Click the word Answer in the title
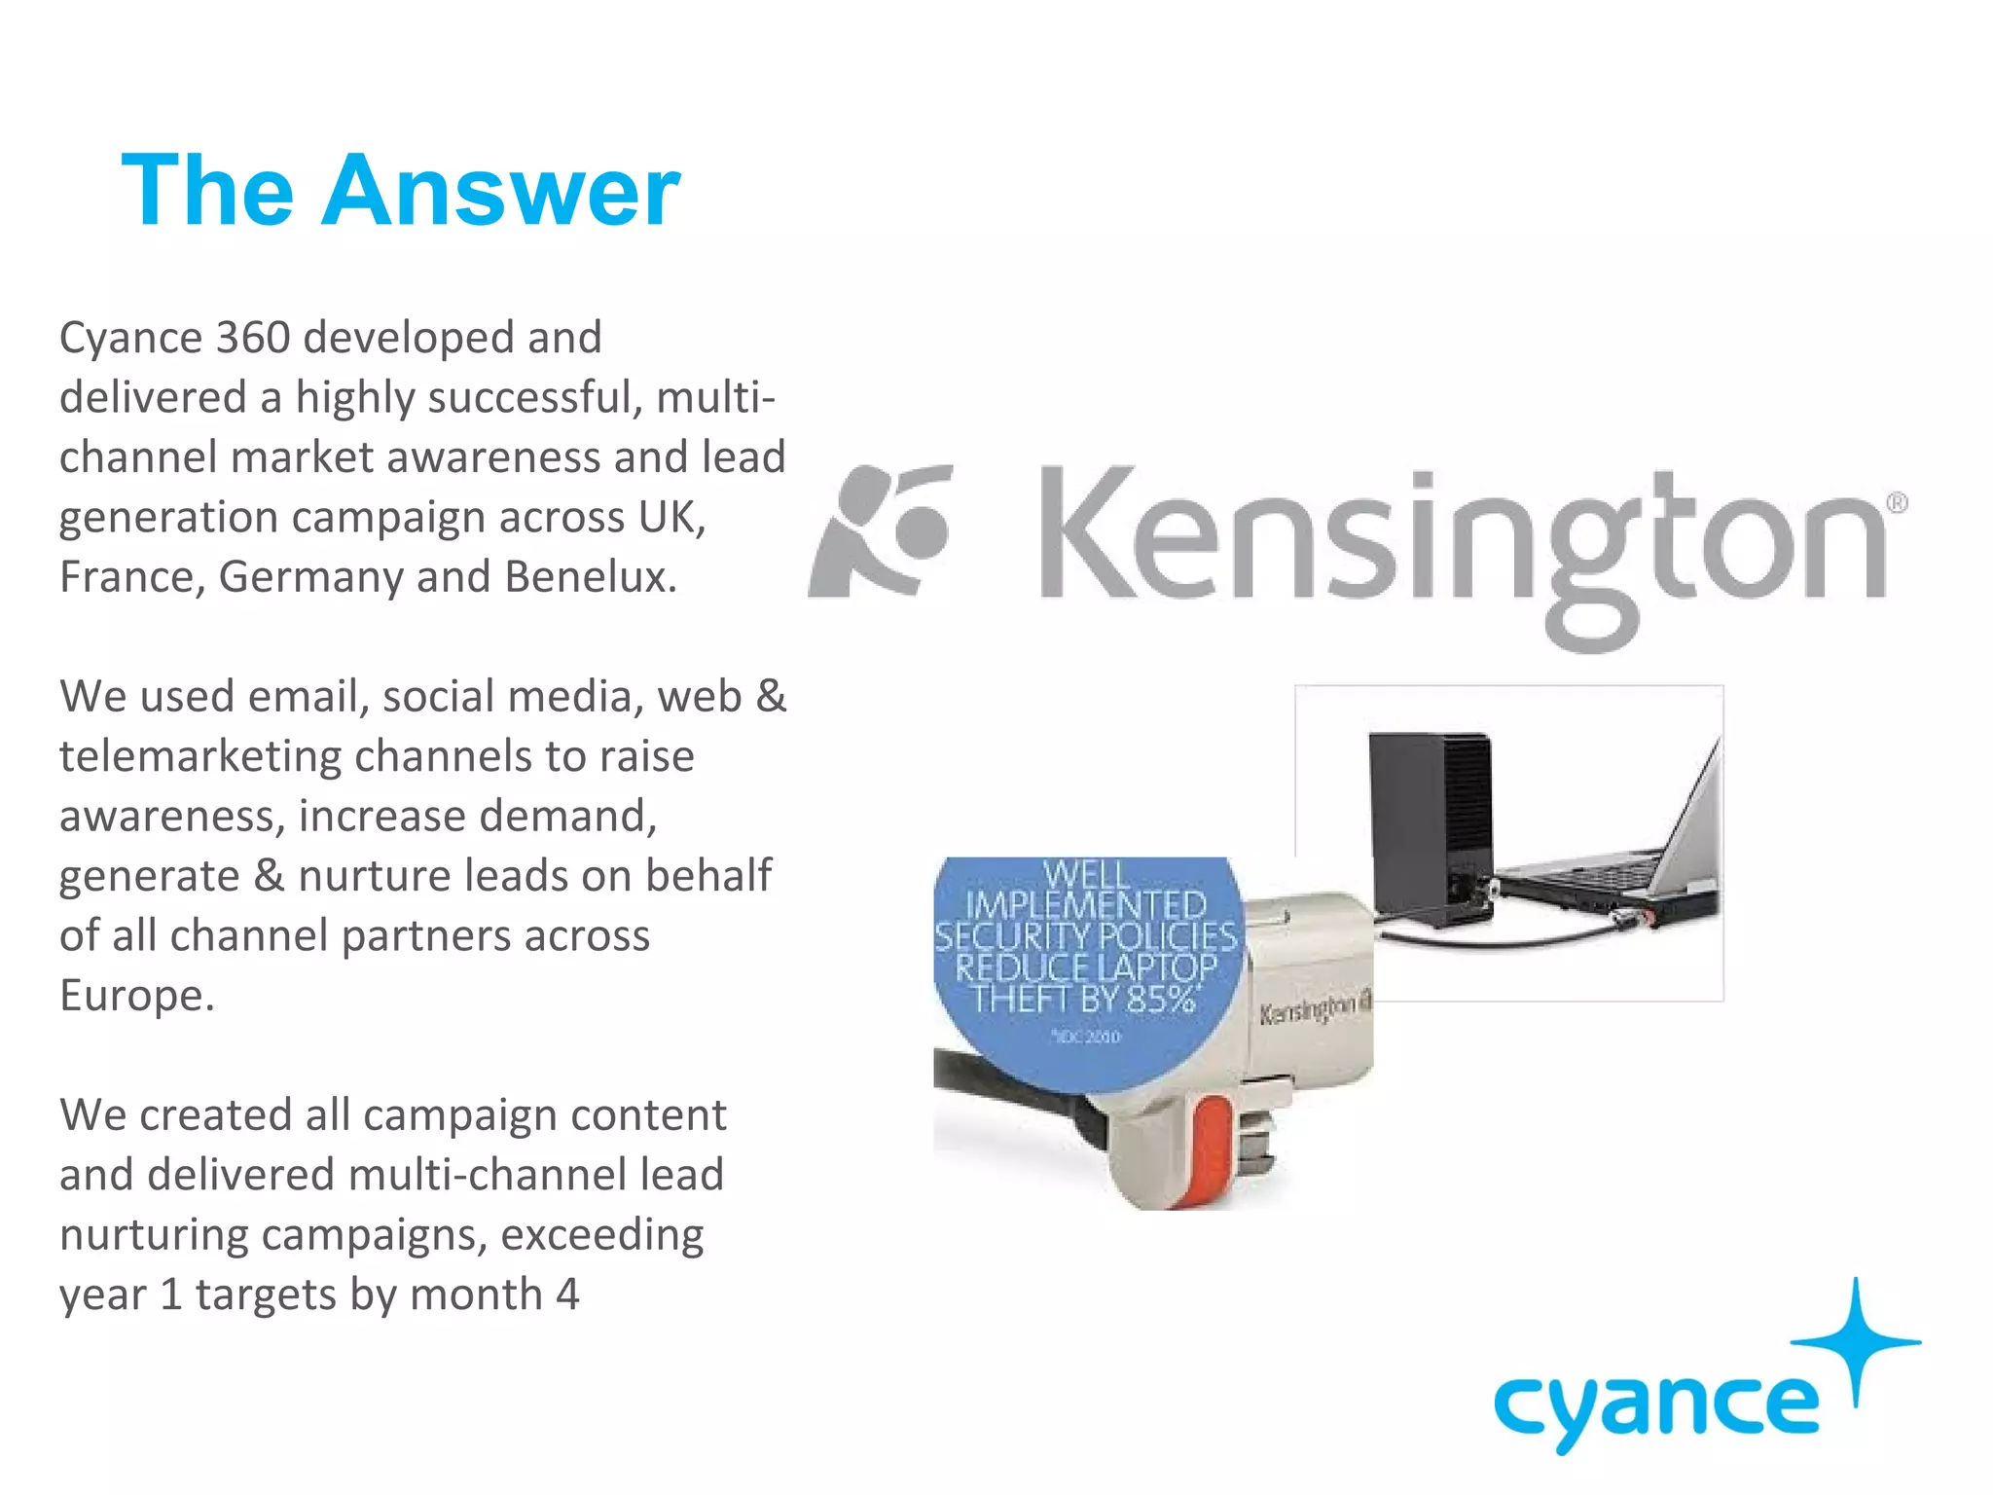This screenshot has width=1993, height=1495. tap(500, 192)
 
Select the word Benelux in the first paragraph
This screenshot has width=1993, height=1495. tap(590, 577)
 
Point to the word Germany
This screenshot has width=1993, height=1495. tap(310, 577)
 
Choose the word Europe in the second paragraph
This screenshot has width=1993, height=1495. tap(135, 996)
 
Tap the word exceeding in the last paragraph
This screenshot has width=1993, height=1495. tap(602, 1235)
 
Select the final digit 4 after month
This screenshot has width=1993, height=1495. tap(567, 1294)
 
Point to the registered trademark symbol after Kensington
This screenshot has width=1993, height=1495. tap(1897, 503)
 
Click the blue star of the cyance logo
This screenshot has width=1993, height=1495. tap(1857, 1341)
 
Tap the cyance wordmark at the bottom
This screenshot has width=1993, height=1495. tap(1655, 1406)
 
